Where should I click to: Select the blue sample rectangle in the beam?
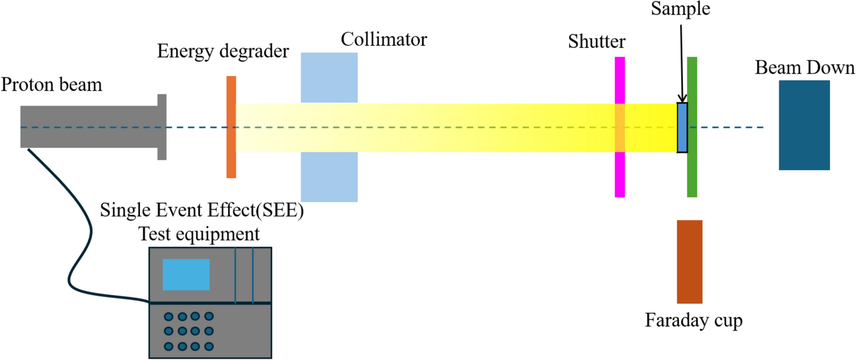682,128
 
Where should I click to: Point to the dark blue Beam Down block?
804,125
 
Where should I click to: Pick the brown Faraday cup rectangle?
689,262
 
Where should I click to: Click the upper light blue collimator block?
329,77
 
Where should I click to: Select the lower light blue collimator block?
329,177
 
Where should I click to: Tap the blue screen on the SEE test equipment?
186,274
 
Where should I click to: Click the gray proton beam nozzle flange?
162,127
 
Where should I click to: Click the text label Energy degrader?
222,51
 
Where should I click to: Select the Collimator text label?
384,39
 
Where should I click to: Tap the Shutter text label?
596,42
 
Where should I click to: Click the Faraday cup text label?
694,320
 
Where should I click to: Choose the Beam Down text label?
805,67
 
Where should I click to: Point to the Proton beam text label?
51,85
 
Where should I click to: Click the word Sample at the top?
680,8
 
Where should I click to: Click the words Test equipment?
199,234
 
